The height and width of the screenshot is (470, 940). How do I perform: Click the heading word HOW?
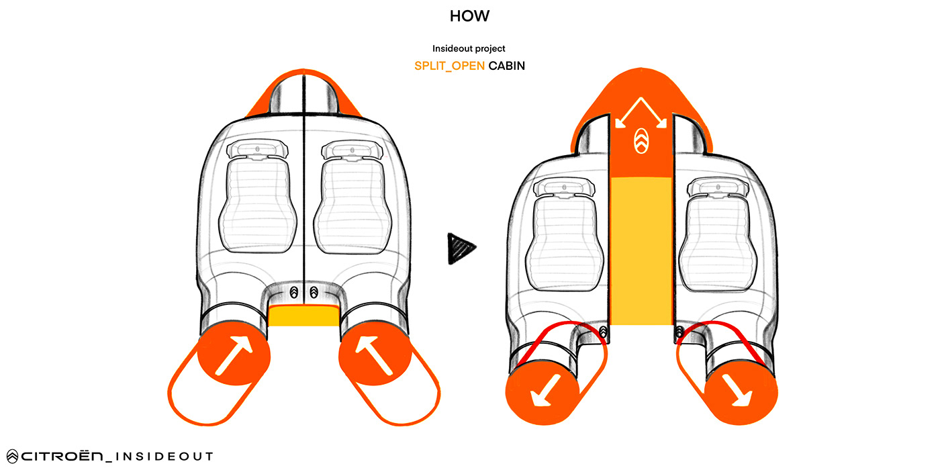click(x=469, y=16)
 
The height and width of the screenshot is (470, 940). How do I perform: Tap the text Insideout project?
click(x=469, y=48)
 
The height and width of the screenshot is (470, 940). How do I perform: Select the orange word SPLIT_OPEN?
click(x=449, y=66)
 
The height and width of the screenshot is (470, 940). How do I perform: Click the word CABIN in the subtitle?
click(x=507, y=66)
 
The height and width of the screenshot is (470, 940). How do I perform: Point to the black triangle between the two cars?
click(x=461, y=247)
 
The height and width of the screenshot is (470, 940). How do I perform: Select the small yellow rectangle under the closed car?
click(x=303, y=316)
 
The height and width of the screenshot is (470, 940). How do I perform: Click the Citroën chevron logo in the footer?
click(x=11, y=457)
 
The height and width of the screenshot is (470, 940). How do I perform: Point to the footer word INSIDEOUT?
click(x=164, y=457)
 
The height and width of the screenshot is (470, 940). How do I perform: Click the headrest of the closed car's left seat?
click(x=256, y=149)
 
